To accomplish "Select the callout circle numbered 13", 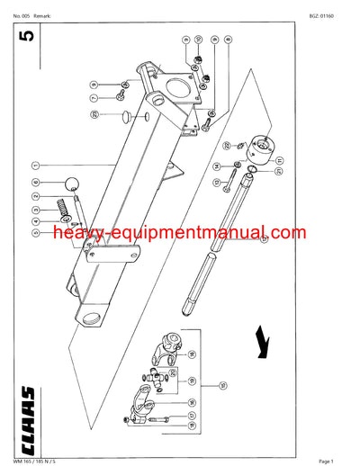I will (216, 184).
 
